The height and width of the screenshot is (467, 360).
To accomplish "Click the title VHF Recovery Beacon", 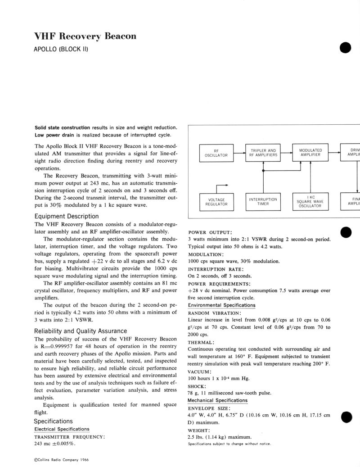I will [85, 36].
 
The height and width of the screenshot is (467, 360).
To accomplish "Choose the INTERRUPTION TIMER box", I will [263, 202].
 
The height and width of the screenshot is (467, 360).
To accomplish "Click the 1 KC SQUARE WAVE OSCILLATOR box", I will [310, 202].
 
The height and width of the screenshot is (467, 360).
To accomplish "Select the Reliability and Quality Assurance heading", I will [81, 331].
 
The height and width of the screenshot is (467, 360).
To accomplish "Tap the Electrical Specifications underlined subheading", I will [62, 429].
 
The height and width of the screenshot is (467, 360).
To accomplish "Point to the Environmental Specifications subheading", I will [221, 305].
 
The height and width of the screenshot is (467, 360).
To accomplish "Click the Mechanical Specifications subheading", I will [217, 400].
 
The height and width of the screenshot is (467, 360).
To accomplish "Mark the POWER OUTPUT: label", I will [210, 232].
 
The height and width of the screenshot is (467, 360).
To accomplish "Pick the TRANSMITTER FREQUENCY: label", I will [70, 437].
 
